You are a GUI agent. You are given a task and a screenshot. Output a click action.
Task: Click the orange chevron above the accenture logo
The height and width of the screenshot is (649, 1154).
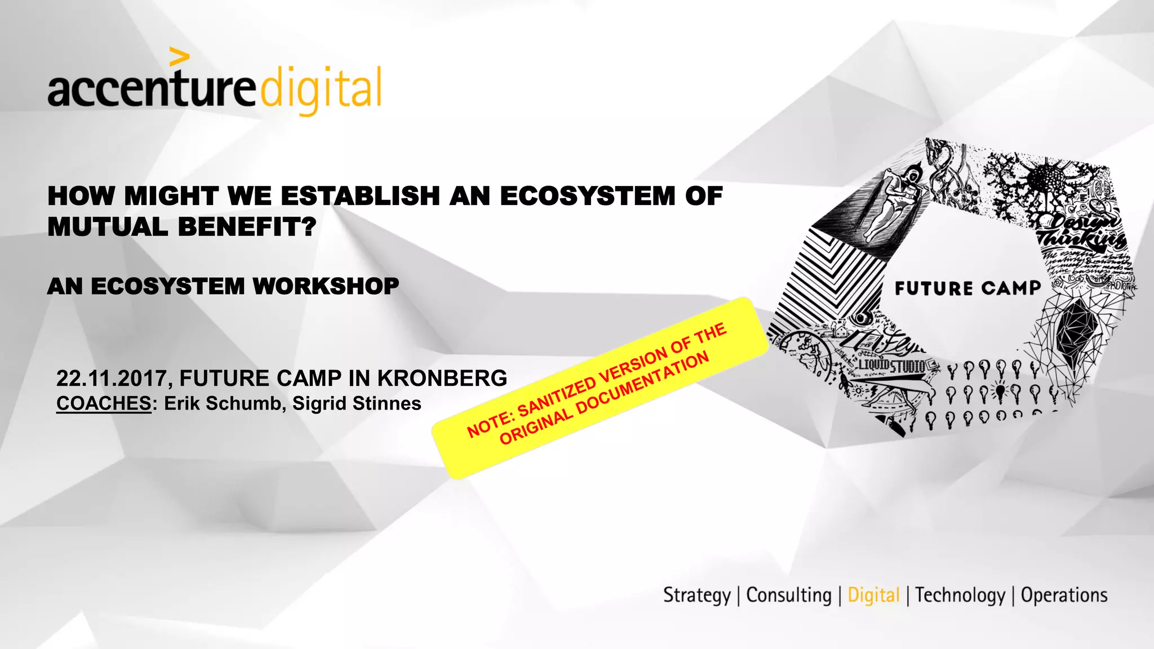179,56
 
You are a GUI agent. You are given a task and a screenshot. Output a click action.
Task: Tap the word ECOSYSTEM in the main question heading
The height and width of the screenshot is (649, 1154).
588,196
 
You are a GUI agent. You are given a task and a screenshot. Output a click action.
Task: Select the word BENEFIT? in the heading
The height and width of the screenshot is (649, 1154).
247,227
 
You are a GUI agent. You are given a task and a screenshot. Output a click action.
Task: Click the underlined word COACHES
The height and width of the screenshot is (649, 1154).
104,403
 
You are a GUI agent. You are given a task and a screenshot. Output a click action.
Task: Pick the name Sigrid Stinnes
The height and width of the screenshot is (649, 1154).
357,403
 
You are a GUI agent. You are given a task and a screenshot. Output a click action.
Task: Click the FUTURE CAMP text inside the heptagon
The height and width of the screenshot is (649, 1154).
967,288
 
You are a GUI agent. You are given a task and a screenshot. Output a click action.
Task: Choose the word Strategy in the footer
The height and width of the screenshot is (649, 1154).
696,595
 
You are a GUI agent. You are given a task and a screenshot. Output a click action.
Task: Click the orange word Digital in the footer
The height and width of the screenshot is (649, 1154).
873,595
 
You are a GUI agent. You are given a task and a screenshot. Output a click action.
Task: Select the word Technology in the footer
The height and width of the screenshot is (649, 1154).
960,595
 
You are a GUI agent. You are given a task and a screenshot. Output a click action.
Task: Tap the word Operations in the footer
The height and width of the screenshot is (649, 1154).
1064,595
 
